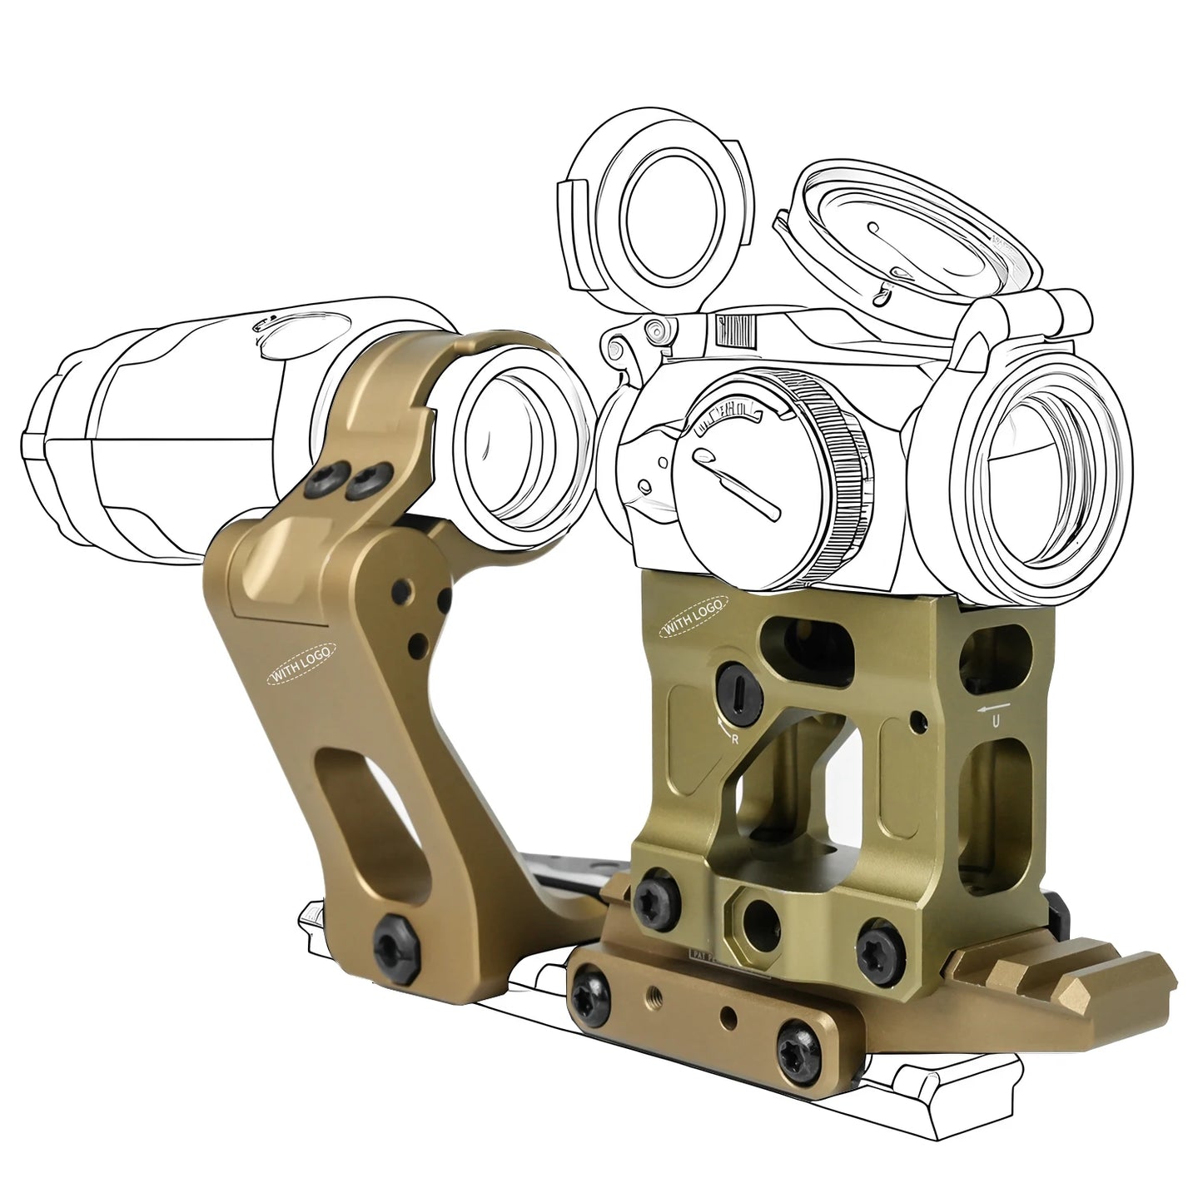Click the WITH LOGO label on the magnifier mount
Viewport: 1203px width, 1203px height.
(x=301, y=664)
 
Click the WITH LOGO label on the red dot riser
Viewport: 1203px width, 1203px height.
(x=692, y=618)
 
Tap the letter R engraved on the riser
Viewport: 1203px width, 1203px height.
(x=734, y=738)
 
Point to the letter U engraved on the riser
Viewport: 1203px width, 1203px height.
(x=996, y=722)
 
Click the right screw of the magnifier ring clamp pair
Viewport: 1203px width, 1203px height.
(x=366, y=480)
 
